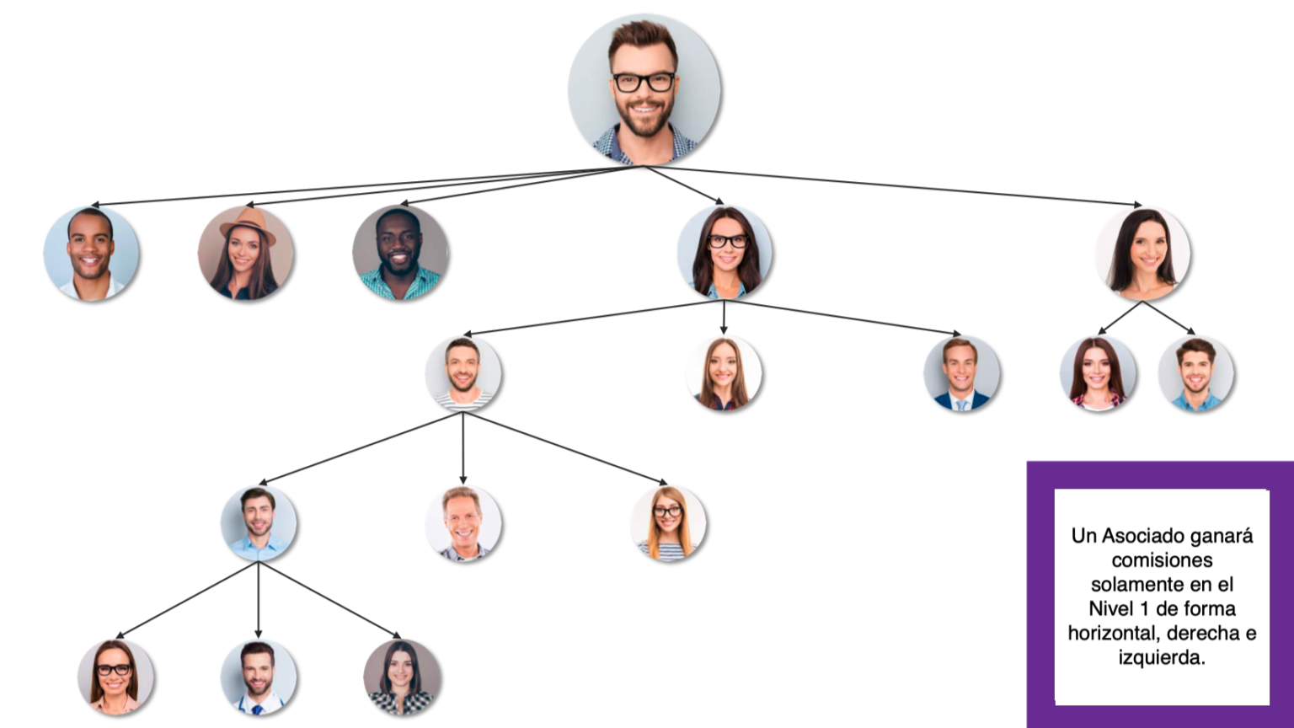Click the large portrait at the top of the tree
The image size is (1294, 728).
coord(644,90)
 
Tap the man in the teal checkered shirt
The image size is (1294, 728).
coord(400,253)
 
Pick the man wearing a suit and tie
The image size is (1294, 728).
coord(961,373)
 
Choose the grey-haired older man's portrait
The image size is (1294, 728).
coord(463,523)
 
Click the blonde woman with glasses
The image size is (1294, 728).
coord(668,523)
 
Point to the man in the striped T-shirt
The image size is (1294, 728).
coord(463,373)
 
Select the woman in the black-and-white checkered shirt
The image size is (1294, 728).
coord(402,677)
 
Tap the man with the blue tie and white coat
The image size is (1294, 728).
coord(259,677)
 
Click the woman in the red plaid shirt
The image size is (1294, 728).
coord(1098,373)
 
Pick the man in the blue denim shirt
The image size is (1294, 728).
coord(1195,373)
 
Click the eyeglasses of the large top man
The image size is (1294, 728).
coord(644,82)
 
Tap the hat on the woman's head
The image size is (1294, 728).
coord(248,224)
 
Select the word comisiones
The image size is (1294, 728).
coord(1162,560)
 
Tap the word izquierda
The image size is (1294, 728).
coord(1162,658)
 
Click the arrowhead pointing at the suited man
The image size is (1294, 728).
coord(957,334)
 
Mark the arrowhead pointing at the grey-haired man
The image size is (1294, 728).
coord(463,480)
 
